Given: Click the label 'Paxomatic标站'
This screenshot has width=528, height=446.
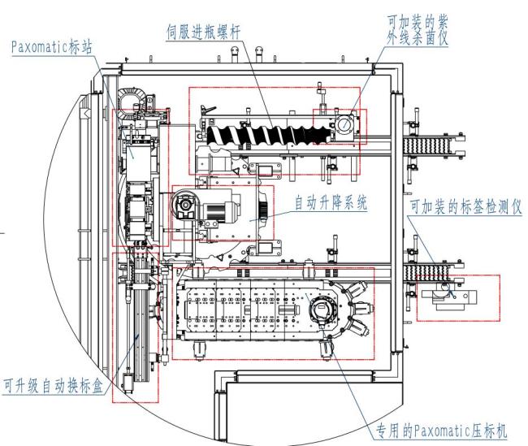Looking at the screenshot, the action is tap(51, 47).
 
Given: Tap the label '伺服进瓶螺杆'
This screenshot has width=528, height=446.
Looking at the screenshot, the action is tap(204, 32).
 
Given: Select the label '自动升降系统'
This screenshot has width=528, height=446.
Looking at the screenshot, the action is tap(331, 203).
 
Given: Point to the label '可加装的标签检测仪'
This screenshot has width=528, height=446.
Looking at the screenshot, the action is tap(465, 206).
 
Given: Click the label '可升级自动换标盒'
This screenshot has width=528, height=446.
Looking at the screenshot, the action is tap(53, 385).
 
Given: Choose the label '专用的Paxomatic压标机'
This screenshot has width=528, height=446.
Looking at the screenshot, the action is tap(441, 431).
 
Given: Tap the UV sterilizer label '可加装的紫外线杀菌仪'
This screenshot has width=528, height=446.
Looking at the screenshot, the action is tap(418, 30).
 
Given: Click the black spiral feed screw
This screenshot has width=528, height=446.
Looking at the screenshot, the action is tap(269, 136).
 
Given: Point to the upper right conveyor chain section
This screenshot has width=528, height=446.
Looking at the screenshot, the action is tap(426, 145).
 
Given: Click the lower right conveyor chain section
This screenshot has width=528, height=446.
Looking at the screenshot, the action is tap(426, 273).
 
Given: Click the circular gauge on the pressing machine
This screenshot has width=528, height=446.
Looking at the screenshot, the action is tap(321, 308).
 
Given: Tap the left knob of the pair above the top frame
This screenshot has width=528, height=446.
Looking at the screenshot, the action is tap(235, 54).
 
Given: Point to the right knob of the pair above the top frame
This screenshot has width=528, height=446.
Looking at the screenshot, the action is tap(259, 54).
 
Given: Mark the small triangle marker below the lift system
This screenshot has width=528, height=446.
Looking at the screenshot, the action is tap(221, 258).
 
